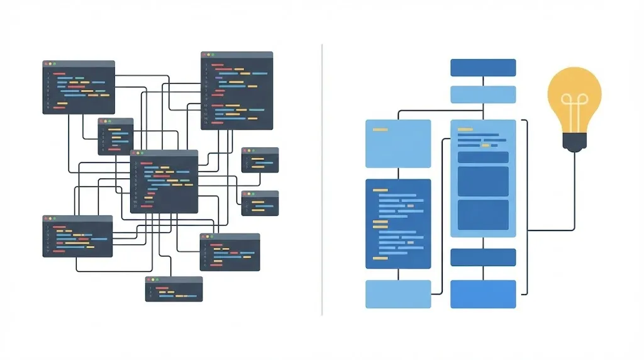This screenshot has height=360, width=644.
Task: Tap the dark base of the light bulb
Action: tap(574, 144)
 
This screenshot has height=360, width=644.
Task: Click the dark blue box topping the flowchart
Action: tap(483, 67)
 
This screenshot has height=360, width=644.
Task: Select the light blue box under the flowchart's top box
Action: tap(483, 94)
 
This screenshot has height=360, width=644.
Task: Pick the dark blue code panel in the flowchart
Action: tap(398, 223)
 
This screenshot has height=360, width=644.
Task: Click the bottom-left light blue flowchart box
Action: tap(398, 295)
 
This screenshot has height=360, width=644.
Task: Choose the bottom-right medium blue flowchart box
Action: tap(483, 295)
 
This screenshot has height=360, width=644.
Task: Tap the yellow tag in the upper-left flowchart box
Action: tap(380, 130)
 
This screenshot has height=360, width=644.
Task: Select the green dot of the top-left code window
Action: tap(55, 64)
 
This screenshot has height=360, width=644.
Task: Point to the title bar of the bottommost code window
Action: tap(174, 279)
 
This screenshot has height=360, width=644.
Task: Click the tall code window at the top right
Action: tap(236, 94)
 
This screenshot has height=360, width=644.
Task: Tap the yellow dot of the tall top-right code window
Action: tap(209, 55)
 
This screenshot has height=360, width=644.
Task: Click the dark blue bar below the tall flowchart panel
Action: tap(483, 257)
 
